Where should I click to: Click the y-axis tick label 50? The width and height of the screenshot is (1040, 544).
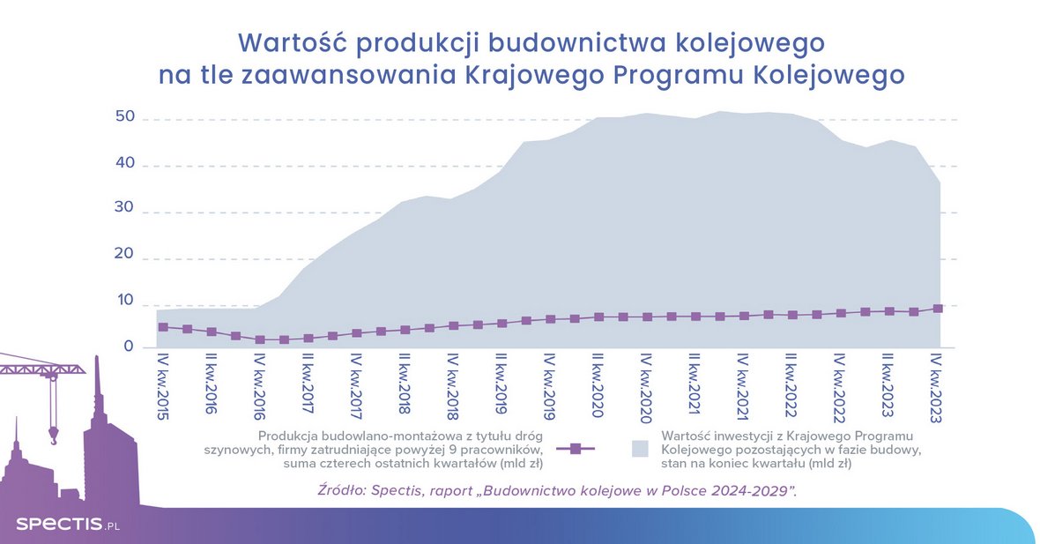124,118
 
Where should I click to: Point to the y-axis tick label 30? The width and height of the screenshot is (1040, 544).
124,209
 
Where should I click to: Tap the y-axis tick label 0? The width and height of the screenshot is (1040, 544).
129,347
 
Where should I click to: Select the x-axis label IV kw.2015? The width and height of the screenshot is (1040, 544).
163,389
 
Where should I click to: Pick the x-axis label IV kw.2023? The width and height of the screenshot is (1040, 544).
938,389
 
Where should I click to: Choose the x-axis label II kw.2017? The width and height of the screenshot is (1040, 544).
308,389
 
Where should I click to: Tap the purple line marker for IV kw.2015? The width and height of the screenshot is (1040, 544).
163,327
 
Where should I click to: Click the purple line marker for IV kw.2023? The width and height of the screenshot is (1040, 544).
938,309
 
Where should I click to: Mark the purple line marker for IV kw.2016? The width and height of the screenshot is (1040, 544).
260,339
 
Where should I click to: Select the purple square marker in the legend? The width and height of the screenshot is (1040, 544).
576,449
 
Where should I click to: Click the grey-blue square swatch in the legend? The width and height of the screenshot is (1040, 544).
641,449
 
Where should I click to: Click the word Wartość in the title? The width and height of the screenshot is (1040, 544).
293,42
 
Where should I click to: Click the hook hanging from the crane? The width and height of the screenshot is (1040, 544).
54,433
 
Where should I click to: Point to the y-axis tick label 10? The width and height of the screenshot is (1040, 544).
124,301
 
